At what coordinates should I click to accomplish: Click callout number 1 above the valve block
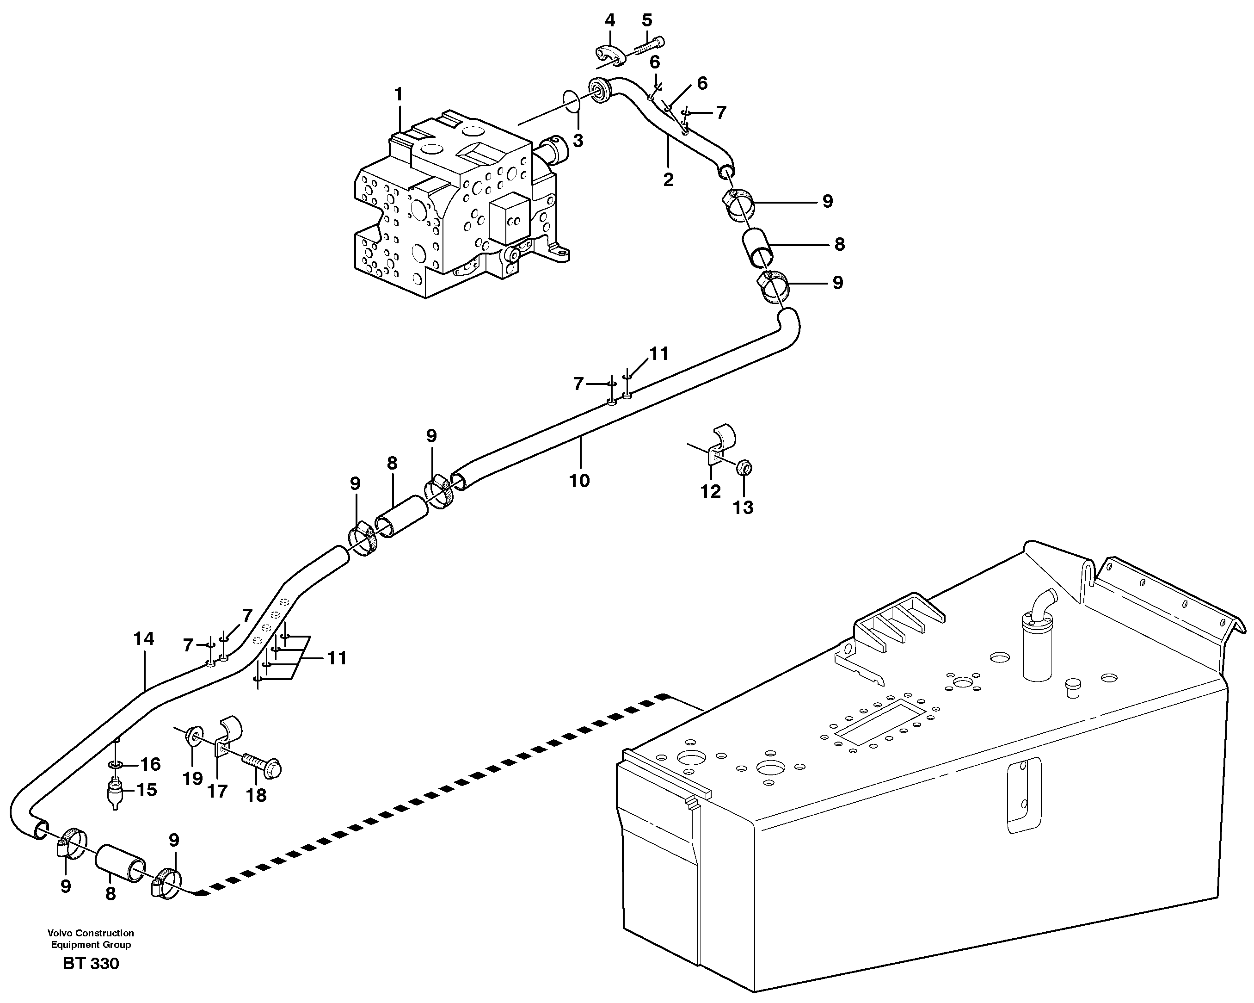point(399,94)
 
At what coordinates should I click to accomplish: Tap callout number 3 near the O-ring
point(578,141)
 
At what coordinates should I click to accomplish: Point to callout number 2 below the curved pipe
point(668,180)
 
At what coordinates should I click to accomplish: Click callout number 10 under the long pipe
point(579,481)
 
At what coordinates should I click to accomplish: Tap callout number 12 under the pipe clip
point(710,492)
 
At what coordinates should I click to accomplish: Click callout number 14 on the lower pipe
point(144,639)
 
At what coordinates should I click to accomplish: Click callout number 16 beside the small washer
point(150,764)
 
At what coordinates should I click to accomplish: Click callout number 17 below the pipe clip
point(217,791)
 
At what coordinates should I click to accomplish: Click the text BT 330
point(91,963)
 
